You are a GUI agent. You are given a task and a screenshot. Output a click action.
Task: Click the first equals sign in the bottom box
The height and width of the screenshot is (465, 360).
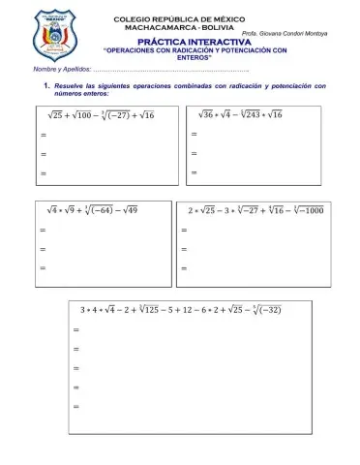click(76, 329)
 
